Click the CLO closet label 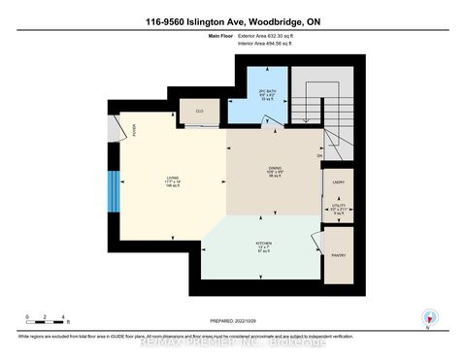pyautogui.click(x=200, y=113)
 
